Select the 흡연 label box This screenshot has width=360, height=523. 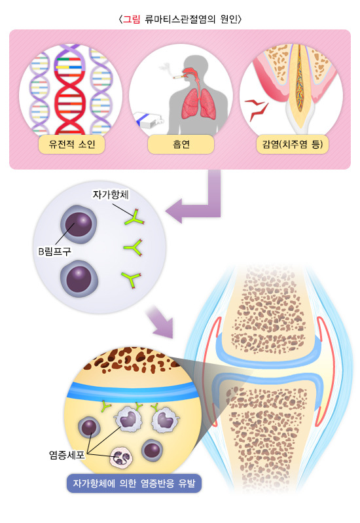click(x=181, y=144)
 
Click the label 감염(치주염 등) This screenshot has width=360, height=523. click(x=291, y=144)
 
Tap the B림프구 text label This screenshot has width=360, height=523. click(x=54, y=251)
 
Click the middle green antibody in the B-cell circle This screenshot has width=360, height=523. click(x=133, y=247)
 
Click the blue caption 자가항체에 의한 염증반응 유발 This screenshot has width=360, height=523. click(x=134, y=486)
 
